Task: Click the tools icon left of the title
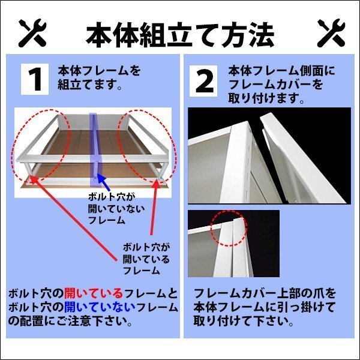coord(32,33)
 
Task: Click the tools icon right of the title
coord(331,33)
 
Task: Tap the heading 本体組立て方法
coord(180,34)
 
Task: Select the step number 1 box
coord(35,79)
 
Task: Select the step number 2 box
coord(203,81)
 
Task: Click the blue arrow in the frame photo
coord(103,182)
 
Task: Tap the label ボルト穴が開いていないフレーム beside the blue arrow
coord(116,208)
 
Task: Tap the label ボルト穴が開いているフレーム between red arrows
coord(146,259)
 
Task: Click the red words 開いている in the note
coord(94,293)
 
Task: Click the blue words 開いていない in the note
coord(100,307)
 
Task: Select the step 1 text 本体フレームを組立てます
coord(99,78)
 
